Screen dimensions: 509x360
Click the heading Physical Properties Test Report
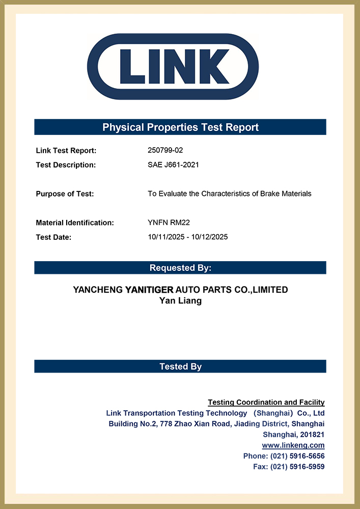180,127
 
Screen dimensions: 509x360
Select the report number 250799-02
165,151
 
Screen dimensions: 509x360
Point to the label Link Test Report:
66,151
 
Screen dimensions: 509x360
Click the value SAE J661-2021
173,165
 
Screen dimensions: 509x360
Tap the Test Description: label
66,165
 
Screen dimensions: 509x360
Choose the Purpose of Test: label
65,193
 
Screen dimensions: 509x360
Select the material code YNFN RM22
169,222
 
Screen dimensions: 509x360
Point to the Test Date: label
53,237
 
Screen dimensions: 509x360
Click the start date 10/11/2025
164,237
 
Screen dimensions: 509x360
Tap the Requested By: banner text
180,268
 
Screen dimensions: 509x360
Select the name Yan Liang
180,301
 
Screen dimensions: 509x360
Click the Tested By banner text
180,366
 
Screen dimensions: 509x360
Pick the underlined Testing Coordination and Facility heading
266,403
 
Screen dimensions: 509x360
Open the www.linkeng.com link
293,445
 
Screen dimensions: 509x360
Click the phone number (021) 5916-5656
297,456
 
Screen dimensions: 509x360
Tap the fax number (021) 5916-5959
297,467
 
